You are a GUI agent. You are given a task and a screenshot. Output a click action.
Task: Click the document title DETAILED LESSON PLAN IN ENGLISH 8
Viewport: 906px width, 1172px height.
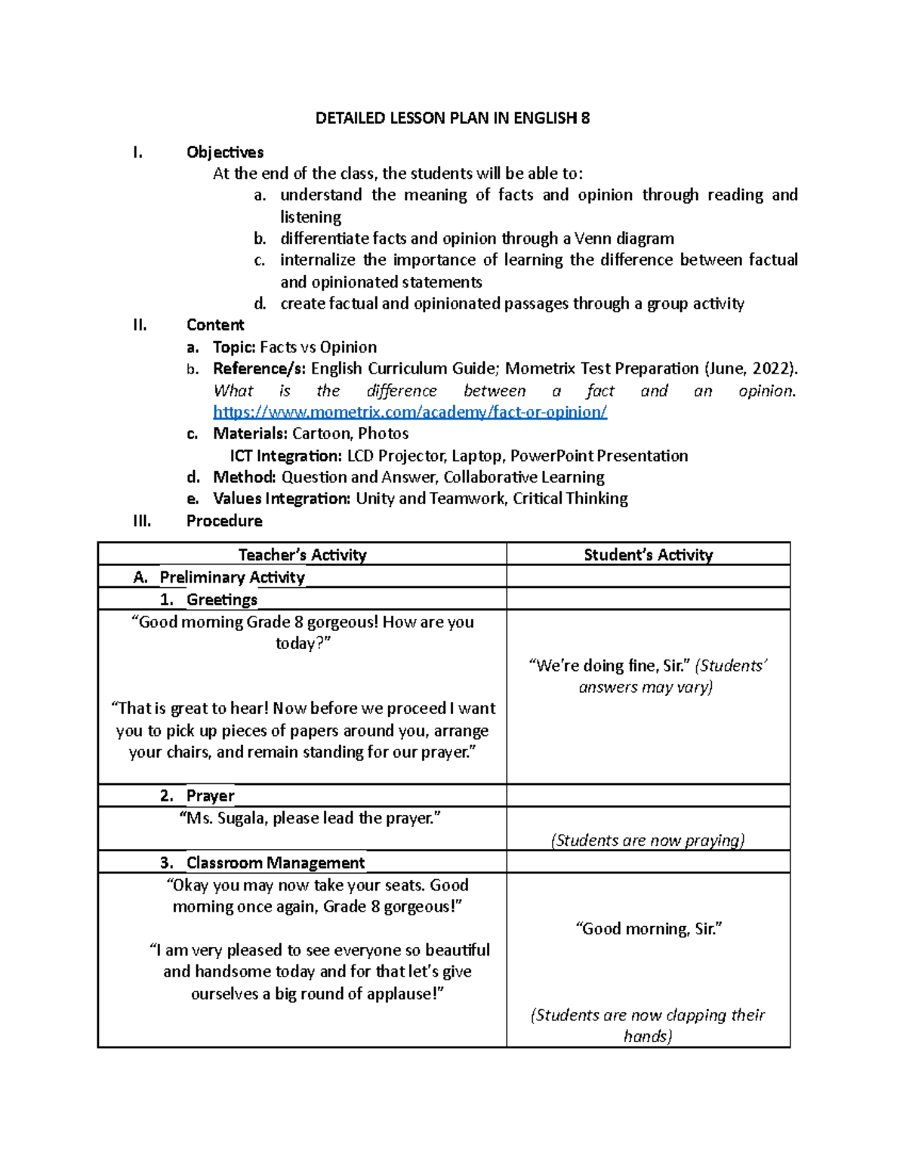(x=452, y=118)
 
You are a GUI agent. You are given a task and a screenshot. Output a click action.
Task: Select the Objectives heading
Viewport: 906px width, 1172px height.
(x=225, y=152)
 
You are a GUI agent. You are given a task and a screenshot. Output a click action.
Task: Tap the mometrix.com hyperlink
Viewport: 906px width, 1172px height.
(x=410, y=412)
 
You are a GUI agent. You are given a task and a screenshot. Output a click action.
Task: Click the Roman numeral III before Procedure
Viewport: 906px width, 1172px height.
(x=142, y=521)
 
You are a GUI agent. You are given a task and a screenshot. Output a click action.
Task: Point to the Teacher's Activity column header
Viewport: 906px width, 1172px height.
(x=302, y=555)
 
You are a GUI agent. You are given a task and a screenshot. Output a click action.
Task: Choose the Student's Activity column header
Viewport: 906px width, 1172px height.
(x=648, y=555)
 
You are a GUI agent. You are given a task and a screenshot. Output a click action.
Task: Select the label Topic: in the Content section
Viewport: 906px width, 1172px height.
(x=234, y=347)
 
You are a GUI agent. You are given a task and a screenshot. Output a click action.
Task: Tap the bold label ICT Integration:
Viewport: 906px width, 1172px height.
(x=286, y=456)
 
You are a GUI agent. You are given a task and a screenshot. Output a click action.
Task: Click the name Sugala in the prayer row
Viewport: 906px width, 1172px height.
(x=242, y=818)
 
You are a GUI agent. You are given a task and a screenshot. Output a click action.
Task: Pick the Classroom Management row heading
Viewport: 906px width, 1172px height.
(x=276, y=863)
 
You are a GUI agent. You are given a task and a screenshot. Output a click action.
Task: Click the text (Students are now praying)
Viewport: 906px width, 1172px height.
(x=648, y=841)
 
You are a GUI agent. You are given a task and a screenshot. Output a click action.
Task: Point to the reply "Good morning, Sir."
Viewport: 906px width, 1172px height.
(x=649, y=929)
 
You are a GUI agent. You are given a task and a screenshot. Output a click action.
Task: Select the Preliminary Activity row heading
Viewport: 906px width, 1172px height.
(x=232, y=577)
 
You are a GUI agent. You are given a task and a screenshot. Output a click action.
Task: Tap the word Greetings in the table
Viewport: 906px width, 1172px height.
(x=222, y=599)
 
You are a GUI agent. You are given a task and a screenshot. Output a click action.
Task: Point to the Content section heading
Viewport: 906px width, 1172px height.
(x=215, y=325)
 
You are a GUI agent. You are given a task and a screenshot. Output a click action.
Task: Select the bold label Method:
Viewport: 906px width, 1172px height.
(x=245, y=477)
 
